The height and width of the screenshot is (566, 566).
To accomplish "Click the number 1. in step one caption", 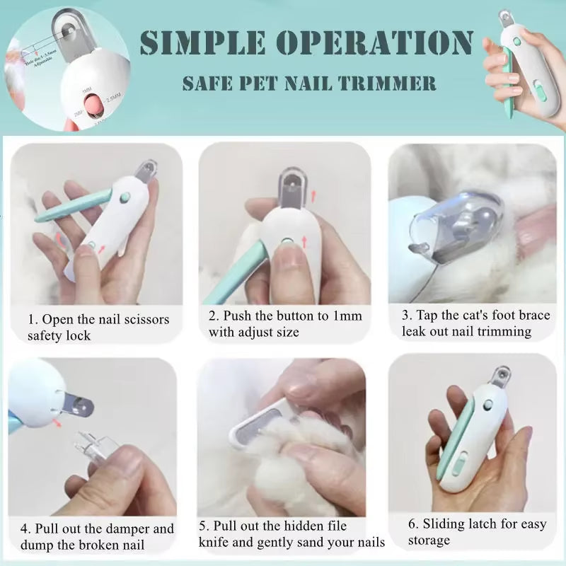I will click(x=33, y=319).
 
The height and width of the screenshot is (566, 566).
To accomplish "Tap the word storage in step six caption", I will click(x=429, y=541).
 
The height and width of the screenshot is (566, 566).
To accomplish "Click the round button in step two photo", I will click(x=287, y=243).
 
